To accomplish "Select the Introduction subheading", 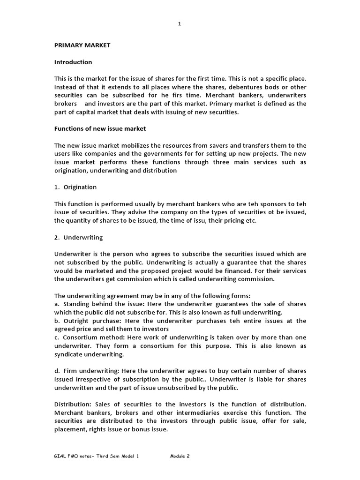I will pos(73,62).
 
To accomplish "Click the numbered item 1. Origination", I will pos(75,187).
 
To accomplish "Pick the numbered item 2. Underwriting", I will pos(78,238).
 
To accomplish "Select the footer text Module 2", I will pos(180,456).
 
